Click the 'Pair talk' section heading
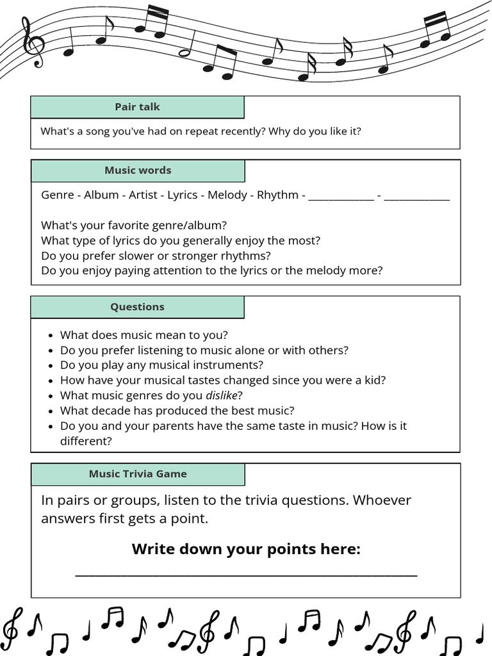(137, 107)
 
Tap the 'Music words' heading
(138, 170)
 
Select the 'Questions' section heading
(137, 307)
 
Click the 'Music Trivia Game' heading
(138, 474)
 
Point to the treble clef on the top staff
(33, 42)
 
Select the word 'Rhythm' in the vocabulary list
(277, 195)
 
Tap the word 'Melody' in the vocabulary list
(227, 195)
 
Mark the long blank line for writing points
(246, 574)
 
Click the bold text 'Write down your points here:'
(246, 549)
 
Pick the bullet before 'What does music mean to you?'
(51, 335)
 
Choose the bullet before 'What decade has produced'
(51, 411)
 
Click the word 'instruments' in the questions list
(231, 365)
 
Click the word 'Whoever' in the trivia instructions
(382, 500)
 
